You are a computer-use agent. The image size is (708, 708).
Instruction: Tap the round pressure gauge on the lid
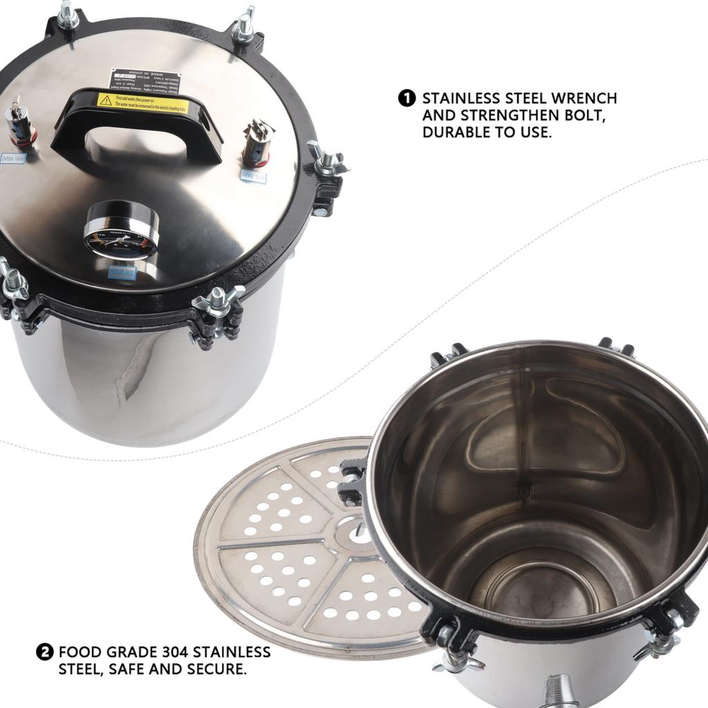coord(122,231)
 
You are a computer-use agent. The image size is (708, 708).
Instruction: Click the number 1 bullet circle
coord(407,98)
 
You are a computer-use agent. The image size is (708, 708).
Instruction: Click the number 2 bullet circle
coord(44,651)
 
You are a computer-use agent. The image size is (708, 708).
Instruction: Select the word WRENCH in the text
coord(580,99)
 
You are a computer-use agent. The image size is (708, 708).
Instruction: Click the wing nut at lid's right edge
coord(327,160)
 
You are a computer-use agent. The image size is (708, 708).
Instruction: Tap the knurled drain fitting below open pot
coord(560,691)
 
